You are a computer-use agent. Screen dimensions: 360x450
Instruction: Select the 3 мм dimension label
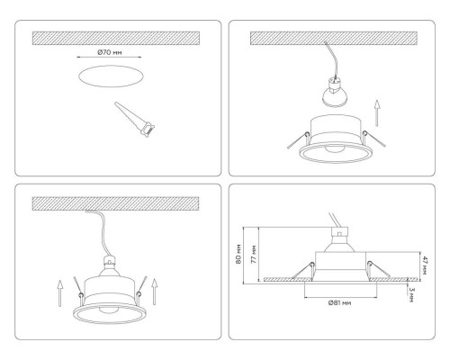click(410, 292)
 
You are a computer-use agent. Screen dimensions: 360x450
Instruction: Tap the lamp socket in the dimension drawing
click(340, 238)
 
